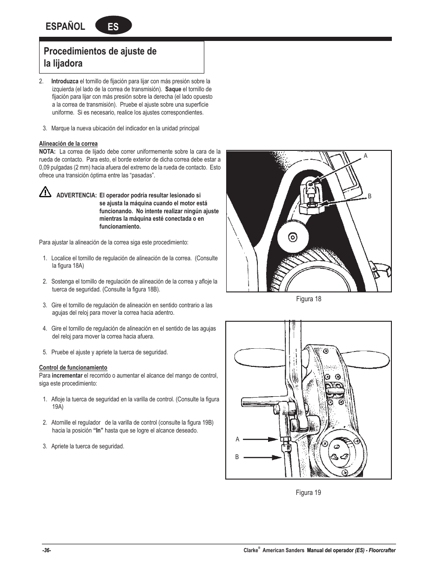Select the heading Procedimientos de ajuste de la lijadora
pos(100,57)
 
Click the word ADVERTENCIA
pos(76,196)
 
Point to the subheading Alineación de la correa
pos(68,144)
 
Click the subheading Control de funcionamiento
pos(73,367)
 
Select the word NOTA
pos(47,152)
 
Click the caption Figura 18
pos(309,299)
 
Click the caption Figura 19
pos(309,493)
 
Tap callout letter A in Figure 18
pos(365,156)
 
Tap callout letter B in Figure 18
pos(370,196)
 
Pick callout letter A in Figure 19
pos(237,439)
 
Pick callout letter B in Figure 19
pos(237,457)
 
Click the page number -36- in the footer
pos(46,550)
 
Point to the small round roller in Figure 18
pos(292,237)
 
